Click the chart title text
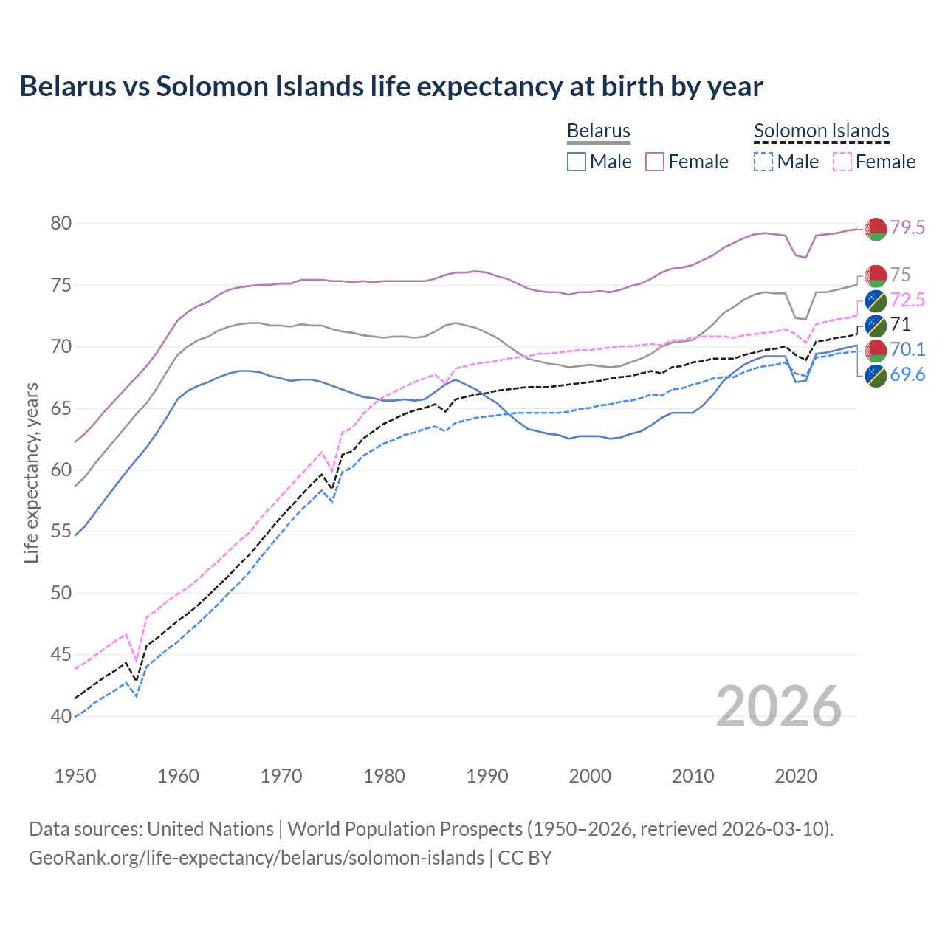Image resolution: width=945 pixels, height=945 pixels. (x=391, y=86)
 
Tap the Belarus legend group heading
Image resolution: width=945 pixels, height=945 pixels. (x=598, y=131)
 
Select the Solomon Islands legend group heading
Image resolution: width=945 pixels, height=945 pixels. (x=821, y=131)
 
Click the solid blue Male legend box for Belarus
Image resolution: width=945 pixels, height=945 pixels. (x=577, y=162)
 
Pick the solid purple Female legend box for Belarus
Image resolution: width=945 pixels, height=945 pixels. (x=656, y=162)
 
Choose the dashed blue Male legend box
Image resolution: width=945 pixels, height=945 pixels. (x=763, y=162)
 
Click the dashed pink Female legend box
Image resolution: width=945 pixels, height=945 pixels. (x=842, y=162)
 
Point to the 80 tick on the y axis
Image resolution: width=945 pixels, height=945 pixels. (x=61, y=223)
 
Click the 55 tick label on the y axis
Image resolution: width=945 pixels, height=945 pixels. (x=61, y=532)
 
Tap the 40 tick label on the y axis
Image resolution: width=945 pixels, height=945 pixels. (x=61, y=716)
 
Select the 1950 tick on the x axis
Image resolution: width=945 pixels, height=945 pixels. (x=75, y=776)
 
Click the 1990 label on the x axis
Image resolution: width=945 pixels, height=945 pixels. (x=487, y=776)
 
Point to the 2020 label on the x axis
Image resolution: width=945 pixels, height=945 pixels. (x=796, y=776)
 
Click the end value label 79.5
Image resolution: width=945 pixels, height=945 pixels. (x=907, y=228)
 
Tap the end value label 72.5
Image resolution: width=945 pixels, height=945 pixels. (x=907, y=300)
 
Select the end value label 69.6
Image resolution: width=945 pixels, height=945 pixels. (x=907, y=375)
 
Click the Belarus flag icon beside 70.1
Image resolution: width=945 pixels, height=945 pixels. (x=876, y=350)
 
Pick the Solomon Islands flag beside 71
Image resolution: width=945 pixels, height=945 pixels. (x=876, y=325)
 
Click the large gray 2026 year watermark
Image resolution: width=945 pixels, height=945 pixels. (x=778, y=707)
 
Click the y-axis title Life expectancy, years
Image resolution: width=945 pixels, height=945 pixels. (x=32, y=472)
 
